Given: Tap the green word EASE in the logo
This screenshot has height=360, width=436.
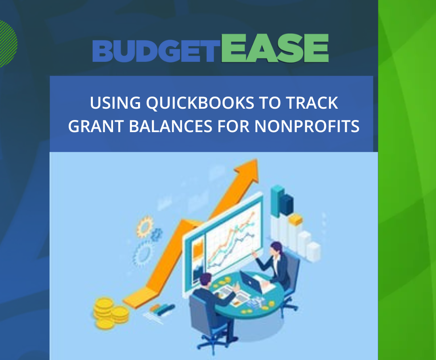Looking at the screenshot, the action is click(x=275, y=48).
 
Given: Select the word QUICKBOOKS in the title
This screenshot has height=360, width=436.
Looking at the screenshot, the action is click(x=200, y=103).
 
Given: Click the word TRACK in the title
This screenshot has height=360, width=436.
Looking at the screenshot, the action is click(x=312, y=103).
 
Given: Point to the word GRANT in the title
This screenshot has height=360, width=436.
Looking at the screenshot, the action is click(x=96, y=126).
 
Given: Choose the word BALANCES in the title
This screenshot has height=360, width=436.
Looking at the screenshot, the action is click(x=171, y=126).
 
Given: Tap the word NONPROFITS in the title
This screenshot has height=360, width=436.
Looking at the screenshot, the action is click(x=307, y=126).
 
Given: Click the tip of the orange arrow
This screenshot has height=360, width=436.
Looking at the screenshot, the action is click(x=256, y=160).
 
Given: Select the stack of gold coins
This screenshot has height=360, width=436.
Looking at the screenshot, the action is click(x=111, y=312).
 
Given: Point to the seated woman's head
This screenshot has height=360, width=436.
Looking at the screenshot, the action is click(x=276, y=248).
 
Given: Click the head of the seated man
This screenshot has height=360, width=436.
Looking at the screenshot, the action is click(x=205, y=280).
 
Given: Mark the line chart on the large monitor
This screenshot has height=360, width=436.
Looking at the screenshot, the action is click(x=233, y=239).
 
